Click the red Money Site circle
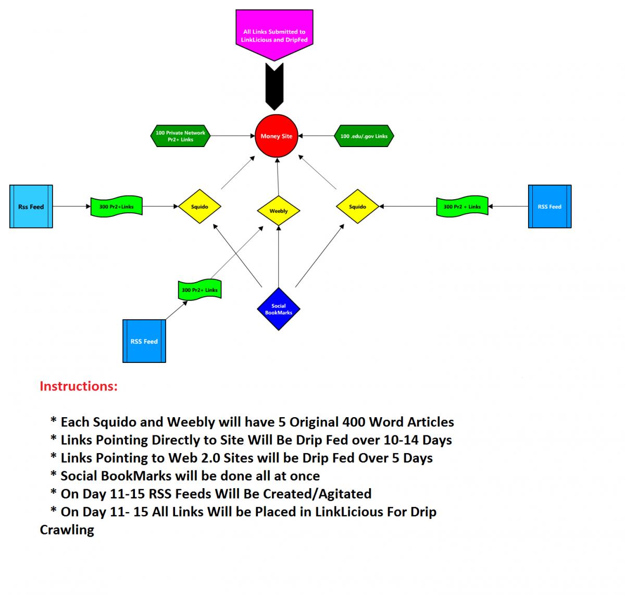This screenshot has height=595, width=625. [276, 136]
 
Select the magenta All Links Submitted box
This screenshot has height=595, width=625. [274, 35]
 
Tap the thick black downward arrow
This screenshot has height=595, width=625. [274, 87]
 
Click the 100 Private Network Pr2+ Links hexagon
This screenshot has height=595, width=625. [180, 136]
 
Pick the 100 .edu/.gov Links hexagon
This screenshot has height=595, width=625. [364, 136]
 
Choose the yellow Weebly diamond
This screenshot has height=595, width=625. [279, 211]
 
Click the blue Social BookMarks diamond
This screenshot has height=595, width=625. [279, 309]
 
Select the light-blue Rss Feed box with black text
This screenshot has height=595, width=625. [31, 207]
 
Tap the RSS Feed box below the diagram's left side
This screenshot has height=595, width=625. [144, 341]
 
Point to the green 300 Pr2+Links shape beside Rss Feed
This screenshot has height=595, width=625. [116, 207]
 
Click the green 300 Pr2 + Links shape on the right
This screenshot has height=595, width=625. [462, 207]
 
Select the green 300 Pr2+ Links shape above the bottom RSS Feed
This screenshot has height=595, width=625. [199, 290]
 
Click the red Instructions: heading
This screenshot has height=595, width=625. [79, 386]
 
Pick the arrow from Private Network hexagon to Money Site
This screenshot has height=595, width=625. [233, 136]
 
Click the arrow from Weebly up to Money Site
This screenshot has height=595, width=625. [278, 177]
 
